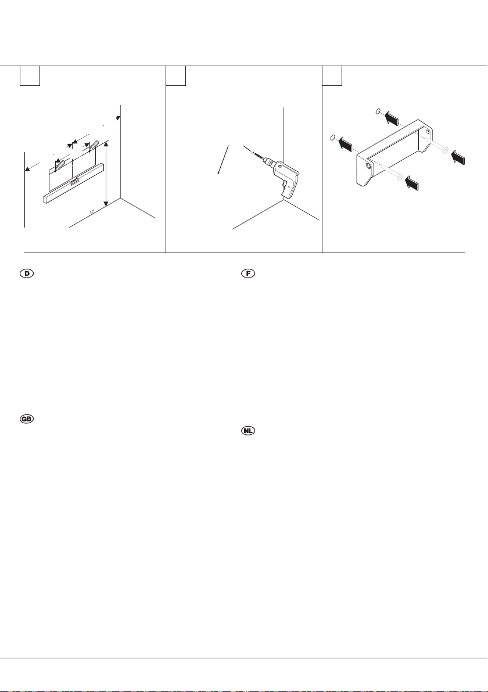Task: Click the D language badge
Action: [x=27, y=273]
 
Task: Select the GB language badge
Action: [x=27, y=419]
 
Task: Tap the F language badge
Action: [x=248, y=273]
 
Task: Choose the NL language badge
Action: [x=248, y=430]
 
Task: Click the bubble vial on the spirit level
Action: [x=74, y=181]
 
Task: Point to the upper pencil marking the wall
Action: [x=94, y=145]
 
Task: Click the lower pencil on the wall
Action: [x=60, y=165]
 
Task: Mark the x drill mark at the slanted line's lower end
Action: [x=219, y=172]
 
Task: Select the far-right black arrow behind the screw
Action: [x=458, y=157]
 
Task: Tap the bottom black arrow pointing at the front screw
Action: [x=412, y=183]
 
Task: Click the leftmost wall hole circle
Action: [x=332, y=138]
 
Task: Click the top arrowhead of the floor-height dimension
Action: [x=106, y=145]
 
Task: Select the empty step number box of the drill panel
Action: [x=176, y=75]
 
